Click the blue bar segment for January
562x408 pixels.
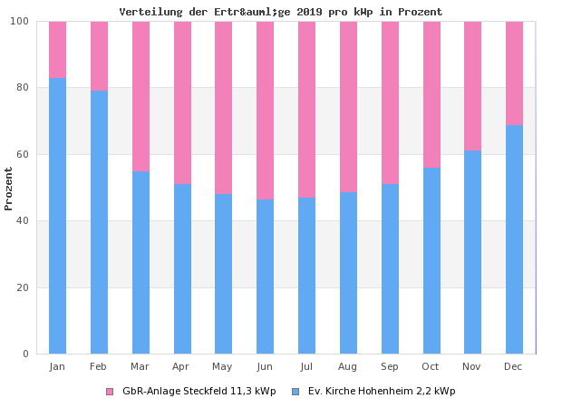click(x=57, y=215)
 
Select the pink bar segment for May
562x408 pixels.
click(x=223, y=107)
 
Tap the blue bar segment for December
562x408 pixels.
click(x=514, y=239)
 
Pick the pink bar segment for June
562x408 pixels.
click(x=265, y=110)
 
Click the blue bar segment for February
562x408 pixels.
click(x=99, y=221)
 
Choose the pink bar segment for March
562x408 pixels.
click(x=140, y=96)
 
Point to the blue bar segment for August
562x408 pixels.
click(x=348, y=272)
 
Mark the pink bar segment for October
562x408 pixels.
click(x=431, y=94)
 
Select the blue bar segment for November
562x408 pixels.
click(x=472, y=251)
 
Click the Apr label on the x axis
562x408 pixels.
click(x=181, y=366)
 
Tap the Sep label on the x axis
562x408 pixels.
click(x=390, y=366)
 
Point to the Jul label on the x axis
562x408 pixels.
click(x=306, y=366)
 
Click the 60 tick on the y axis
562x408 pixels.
click(x=24, y=154)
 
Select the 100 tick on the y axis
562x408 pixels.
click(x=20, y=22)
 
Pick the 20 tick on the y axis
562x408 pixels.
click(x=24, y=287)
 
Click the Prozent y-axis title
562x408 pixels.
click(x=9, y=188)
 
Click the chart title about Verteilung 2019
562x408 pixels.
click(x=281, y=12)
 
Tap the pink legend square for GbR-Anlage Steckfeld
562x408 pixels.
click(x=110, y=392)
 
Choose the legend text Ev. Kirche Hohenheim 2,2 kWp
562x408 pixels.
click(x=382, y=392)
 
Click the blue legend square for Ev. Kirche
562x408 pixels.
click(x=296, y=392)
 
